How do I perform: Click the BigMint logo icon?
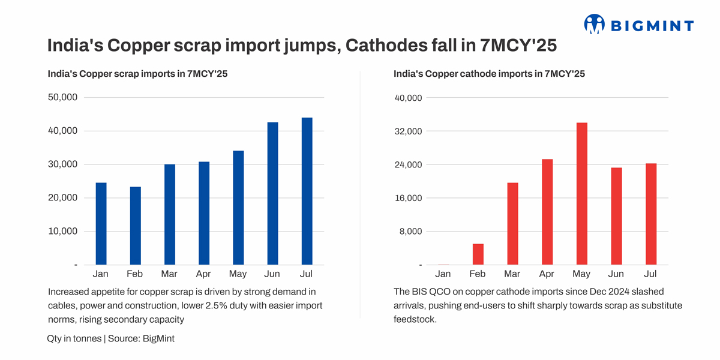pos(595,24)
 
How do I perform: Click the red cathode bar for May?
pos(581,193)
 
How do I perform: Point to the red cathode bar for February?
pos(478,254)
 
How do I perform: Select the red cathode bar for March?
pos(512,223)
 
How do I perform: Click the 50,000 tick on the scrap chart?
pos(62,98)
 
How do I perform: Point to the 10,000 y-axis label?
pos(62,232)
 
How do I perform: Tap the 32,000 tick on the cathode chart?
pos(408,131)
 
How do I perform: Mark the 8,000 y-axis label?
pos(410,232)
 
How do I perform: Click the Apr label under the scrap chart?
pos(203,274)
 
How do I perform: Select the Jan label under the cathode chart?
pos(443,274)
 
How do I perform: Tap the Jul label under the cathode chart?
pos(650,274)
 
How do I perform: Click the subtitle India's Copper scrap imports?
pos(137,74)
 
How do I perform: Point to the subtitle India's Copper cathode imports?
pos(489,74)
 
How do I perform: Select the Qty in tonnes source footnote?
pos(110,338)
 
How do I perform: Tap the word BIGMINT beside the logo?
pos(652,25)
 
